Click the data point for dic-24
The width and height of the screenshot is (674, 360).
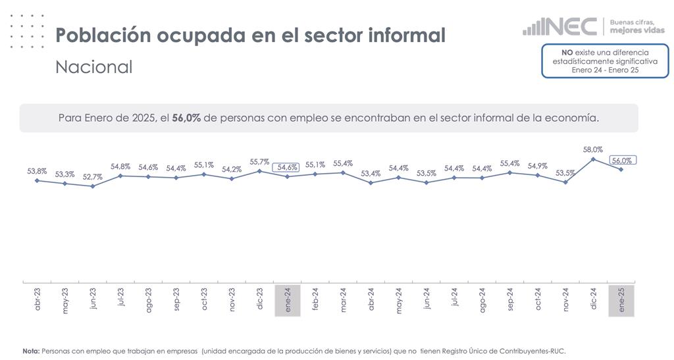click(x=593, y=159)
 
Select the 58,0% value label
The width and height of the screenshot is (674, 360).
click(x=593, y=150)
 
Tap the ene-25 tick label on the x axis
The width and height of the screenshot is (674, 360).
click(x=621, y=301)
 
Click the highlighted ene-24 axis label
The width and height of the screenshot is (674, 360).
click(x=288, y=301)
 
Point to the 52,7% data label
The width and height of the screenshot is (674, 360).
click(x=92, y=177)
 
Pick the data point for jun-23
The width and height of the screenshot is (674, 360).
click(x=92, y=186)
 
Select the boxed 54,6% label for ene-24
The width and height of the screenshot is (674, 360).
click(x=287, y=167)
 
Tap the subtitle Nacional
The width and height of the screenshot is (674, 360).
click(x=93, y=67)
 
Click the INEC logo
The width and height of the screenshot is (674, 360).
click(x=560, y=27)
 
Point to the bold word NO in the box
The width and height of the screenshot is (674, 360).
click(x=566, y=52)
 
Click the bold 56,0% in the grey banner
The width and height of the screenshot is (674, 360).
click(x=186, y=118)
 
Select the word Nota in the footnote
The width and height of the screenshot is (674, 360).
click(x=30, y=351)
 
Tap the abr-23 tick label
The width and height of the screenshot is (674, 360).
click(x=37, y=301)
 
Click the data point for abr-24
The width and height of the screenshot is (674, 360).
click(x=371, y=182)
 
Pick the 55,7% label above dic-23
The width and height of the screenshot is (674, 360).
click(x=259, y=162)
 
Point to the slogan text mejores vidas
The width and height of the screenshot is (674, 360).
click(x=637, y=30)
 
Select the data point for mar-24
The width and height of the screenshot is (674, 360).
click(x=343, y=172)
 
